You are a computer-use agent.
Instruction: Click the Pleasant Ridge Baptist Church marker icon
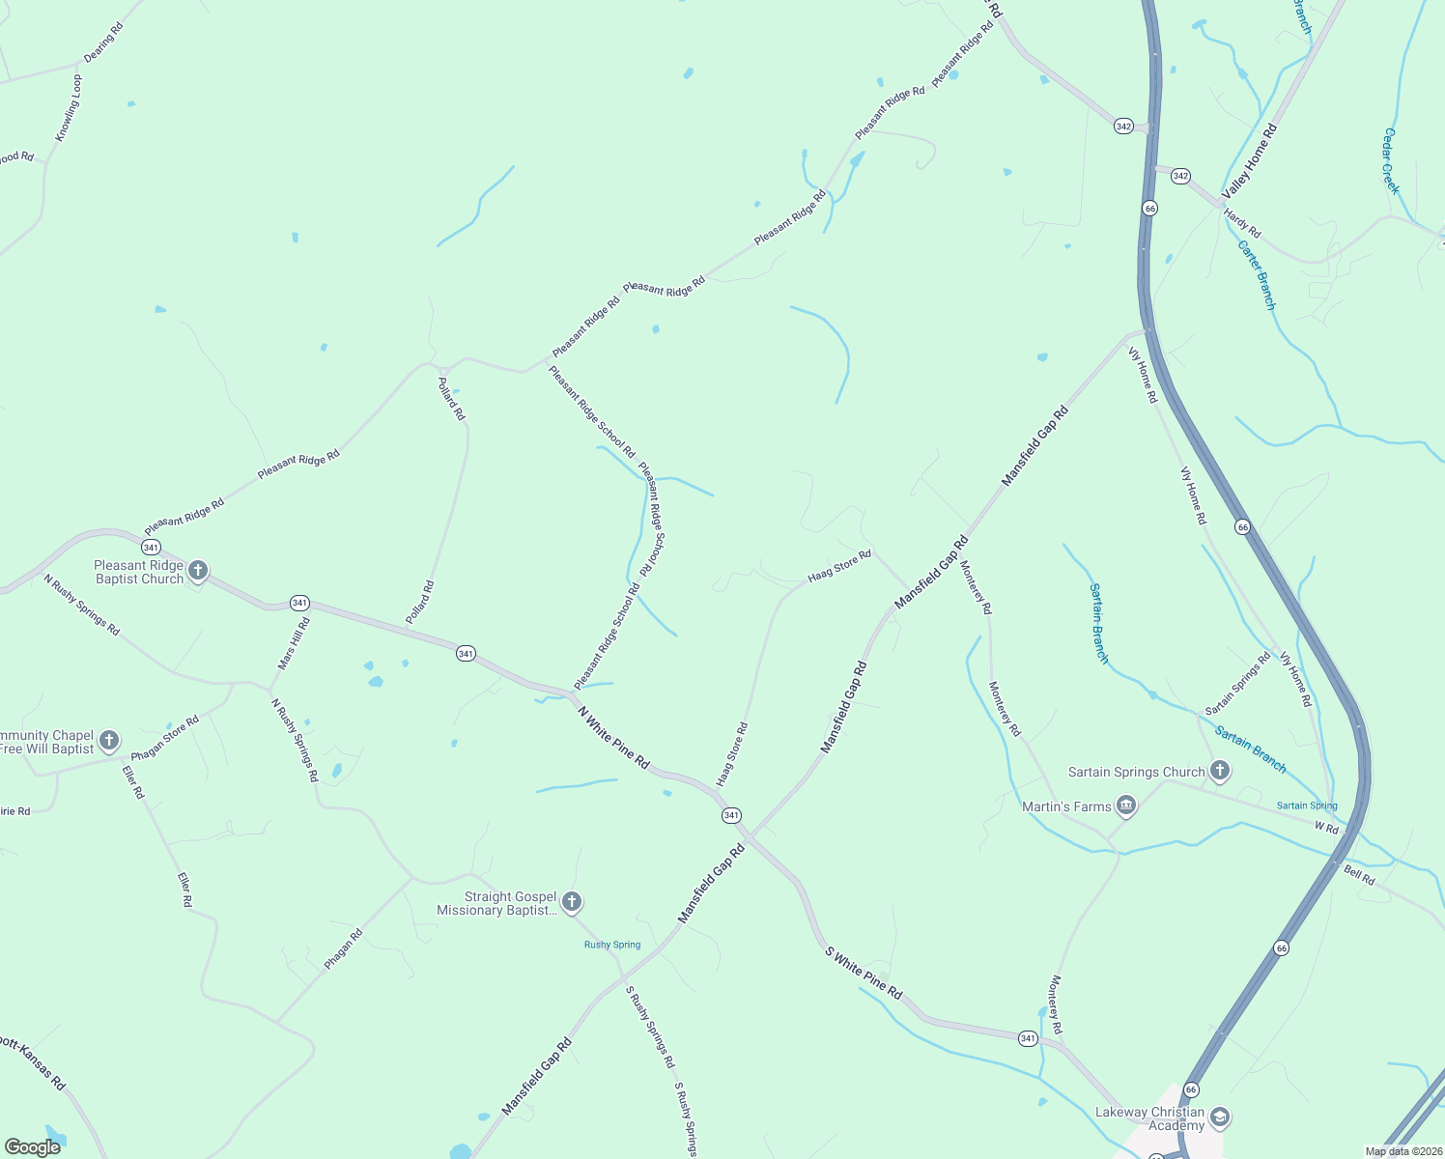pyautogui.click(x=198, y=571)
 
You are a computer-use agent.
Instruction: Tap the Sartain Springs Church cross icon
pyautogui.click(x=1220, y=771)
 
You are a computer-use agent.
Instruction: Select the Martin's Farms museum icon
pyautogui.click(x=1125, y=806)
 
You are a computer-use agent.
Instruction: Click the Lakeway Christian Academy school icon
pyautogui.click(x=1220, y=1118)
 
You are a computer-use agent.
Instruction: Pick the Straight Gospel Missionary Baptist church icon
pyautogui.click(x=572, y=902)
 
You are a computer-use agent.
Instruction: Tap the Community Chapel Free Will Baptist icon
pyautogui.click(x=109, y=741)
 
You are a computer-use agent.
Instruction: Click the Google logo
pyautogui.click(x=33, y=1147)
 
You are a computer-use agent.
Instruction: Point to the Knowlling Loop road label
pyautogui.click(x=69, y=108)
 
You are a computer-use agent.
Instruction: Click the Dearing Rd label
pyautogui.click(x=103, y=42)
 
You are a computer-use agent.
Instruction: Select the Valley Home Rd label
pyautogui.click(x=1249, y=161)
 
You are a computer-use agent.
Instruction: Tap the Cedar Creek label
pyautogui.click(x=1391, y=160)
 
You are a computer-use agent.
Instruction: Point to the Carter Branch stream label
pyautogui.click(x=1257, y=275)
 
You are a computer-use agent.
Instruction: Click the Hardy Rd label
pyautogui.click(x=1242, y=223)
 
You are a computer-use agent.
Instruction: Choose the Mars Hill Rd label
pyautogui.click(x=294, y=643)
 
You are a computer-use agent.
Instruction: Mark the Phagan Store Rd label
pyautogui.click(x=165, y=738)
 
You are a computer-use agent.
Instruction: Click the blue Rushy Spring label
pyautogui.click(x=612, y=945)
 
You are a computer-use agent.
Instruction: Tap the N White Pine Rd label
pyautogui.click(x=613, y=737)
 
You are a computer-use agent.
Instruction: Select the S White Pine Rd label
pyautogui.click(x=864, y=973)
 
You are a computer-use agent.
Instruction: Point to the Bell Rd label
pyautogui.click(x=1359, y=876)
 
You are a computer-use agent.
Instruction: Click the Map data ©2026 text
pyautogui.click(x=1402, y=1151)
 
